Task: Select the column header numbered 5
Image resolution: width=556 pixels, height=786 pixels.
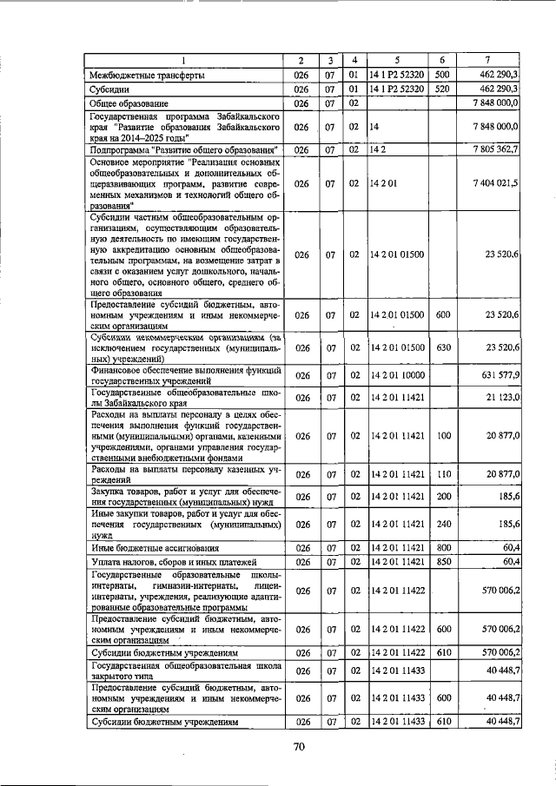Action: (x=396, y=60)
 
